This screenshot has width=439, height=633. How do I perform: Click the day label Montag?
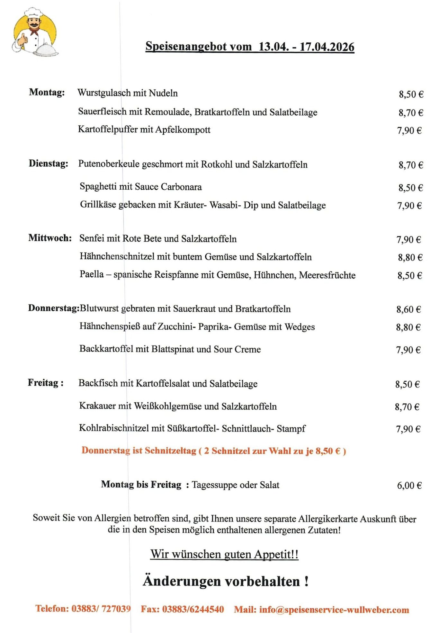click(x=47, y=93)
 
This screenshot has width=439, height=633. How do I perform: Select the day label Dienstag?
click(x=49, y=164)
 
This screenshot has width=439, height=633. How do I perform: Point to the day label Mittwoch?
click(x=50, y=238)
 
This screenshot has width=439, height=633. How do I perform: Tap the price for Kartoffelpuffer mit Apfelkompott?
click(x=409, y=130)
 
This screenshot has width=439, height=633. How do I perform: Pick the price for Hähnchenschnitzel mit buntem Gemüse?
click(x=410, y=257)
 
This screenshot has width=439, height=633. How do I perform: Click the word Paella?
click(x=92, y=274)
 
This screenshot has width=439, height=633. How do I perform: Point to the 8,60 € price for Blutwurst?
click(x=408, y=309)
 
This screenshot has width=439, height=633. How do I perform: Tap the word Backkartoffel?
click(x=106, y=349)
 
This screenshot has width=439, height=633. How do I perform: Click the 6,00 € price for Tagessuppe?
click(x=409, y=485)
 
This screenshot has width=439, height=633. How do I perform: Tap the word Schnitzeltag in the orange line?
click(x=170, y=451)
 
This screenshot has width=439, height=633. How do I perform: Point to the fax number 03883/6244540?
click(x=193, y=609)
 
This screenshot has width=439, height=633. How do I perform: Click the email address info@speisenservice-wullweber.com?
click(x=334, y=610)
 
